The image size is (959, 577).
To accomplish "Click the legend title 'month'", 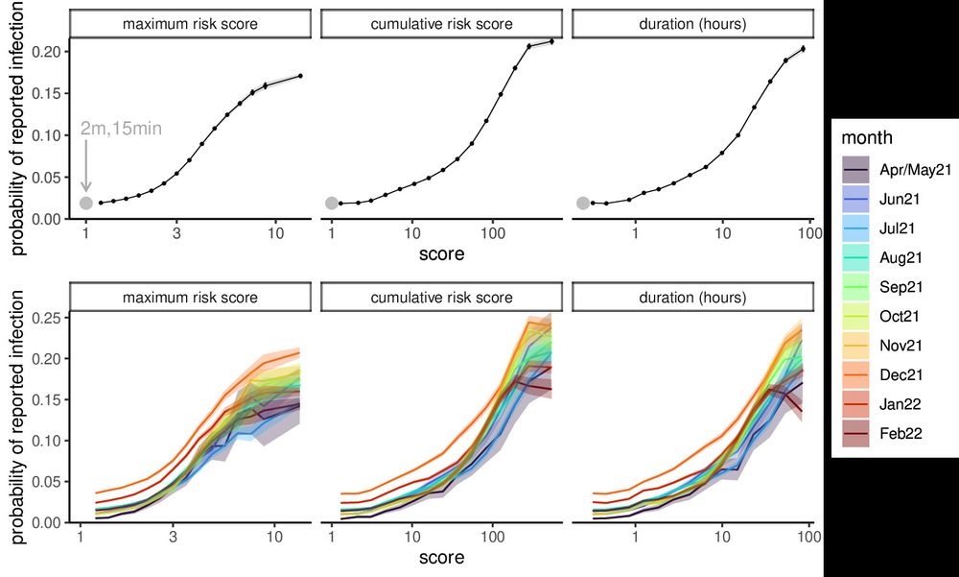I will pyautogui.click(x=867, y=137).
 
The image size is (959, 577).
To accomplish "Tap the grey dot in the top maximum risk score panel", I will pyautogui.click(x=85, y=203).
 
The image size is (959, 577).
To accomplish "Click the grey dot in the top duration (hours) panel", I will pyautogui.click(x=583, y=203).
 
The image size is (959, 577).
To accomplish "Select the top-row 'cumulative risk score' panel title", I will pyautogui.click(x=441, y=23).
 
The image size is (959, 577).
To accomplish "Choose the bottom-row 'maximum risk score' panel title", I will pyautogui.click(x=190, y=298).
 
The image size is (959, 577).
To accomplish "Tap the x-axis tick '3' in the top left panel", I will pyautogui.click(x=176, y=234).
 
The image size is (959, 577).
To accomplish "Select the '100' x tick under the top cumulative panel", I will pyautogui.click(x=493, y=234).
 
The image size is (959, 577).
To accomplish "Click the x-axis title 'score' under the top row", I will pyautogui.click(x=441, y=254).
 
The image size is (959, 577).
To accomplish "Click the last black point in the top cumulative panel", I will pyautogui.click(x=551, y=41).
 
